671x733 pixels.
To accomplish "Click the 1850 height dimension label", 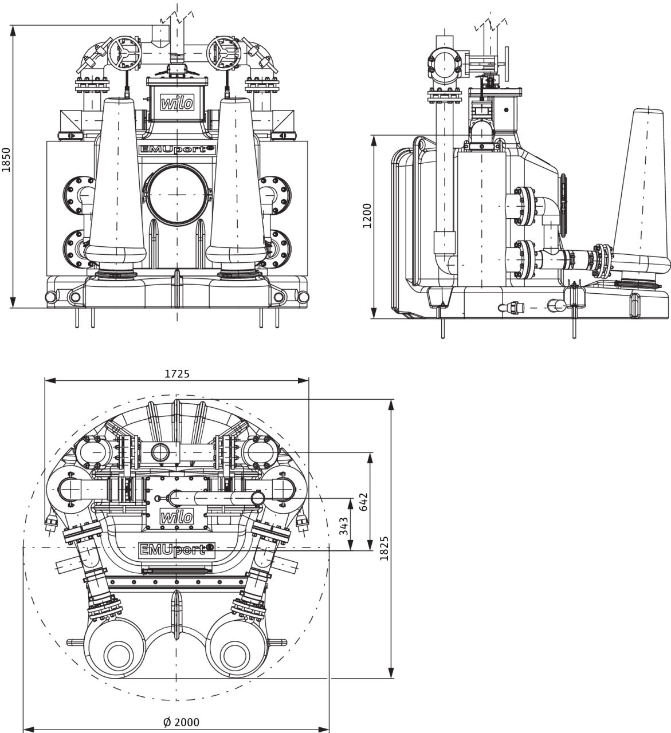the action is tap(6, 160).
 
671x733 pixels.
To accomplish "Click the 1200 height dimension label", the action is tap(367, 216).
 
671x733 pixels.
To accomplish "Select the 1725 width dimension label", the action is tap(177, 374).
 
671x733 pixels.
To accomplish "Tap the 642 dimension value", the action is tap(363, 502).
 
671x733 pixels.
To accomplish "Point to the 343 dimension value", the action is tap(343, 526).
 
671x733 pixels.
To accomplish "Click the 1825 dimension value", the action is tap(384, 548).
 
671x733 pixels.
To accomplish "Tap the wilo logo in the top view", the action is tap(176, 517).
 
